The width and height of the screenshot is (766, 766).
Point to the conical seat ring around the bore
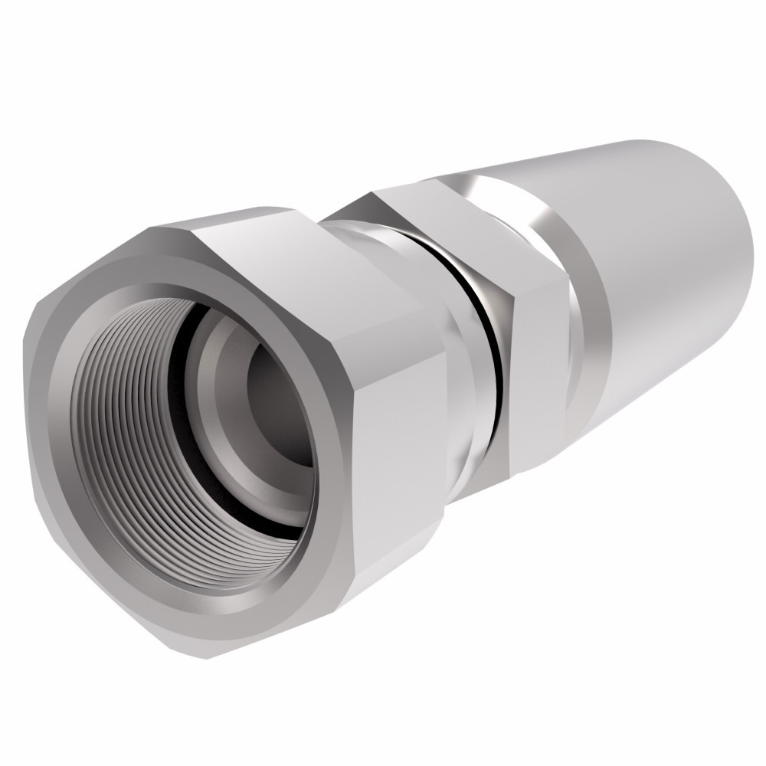[x=222, y=429]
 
